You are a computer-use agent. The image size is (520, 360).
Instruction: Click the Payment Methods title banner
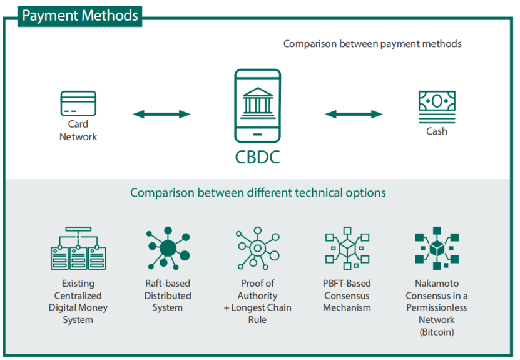tap(79, 15)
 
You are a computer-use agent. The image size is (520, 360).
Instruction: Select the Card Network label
tap(78, 131)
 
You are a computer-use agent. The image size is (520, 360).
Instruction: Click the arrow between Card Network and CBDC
tap(161, 114)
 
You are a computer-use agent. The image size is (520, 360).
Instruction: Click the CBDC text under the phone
tap(257, 157)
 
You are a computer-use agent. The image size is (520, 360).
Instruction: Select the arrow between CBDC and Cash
tap(354, 114)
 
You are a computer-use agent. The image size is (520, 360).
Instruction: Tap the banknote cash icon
tap(437, 103)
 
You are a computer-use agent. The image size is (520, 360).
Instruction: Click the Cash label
tap(437, 131)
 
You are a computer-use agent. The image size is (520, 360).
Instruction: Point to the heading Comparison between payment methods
tap(372, 44)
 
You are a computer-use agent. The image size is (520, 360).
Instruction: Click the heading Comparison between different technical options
tap(258, 192)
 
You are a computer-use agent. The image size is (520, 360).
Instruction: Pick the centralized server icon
tap(78, 249)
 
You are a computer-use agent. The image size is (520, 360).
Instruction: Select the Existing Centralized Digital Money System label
tap(78, 302)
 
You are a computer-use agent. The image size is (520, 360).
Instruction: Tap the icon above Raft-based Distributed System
tap(168, 249)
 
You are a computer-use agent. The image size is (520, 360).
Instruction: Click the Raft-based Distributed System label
tap(168, 296)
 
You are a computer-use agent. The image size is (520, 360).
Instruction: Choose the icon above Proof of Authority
tap(257, 249)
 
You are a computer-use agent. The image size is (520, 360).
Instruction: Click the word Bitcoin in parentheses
tap(437, 332)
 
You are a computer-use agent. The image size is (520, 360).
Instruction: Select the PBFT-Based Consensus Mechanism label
tap(347, 296)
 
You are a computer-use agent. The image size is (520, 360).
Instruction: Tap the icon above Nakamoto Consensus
tap(437, 249)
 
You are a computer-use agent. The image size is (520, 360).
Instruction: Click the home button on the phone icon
tap(257, 135)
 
